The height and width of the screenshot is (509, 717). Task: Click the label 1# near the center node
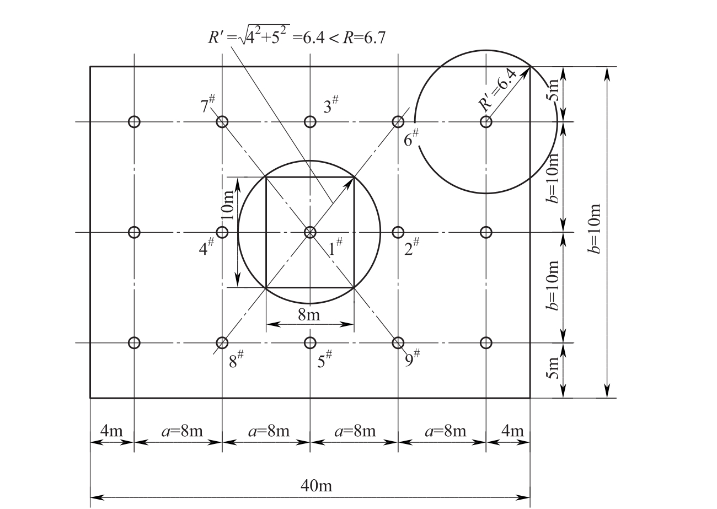pyautogui.click(x=336, y=247)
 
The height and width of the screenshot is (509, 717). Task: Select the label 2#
pyautogui.click(x=411, y=247)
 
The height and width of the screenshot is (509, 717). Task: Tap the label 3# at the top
pyautogui.click(x=331, y=104)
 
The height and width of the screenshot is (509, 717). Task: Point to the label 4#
pyautogui.click(x=206, y=247)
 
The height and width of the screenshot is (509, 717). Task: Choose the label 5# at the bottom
pyautogui.click(x=324, y=359)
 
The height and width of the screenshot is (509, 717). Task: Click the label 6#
pyautogui.click(x=411, y=138)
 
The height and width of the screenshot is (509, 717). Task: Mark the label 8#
pyautogui.click(x=236, y=359)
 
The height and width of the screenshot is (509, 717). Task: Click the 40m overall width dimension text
pyautogui.click(x=316, y=486)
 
